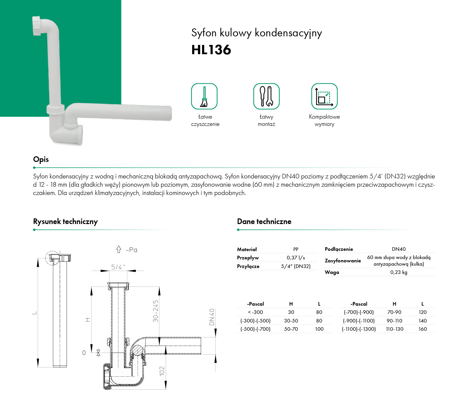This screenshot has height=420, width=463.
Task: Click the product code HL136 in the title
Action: [211, 50]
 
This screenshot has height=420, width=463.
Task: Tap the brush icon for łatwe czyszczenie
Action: [204, 96]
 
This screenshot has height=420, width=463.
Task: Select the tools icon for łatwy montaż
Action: [266, 96]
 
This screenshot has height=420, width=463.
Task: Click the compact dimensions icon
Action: [324, 96]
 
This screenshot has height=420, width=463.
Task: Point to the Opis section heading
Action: [41, 159]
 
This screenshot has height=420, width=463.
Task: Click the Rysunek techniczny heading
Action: [65, 221]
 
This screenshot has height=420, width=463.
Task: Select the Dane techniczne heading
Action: [264, 221]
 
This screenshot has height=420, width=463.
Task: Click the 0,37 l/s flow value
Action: [296, 258]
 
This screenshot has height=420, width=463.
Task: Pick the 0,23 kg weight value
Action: [399, 272]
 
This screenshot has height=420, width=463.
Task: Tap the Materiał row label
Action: [247, 249]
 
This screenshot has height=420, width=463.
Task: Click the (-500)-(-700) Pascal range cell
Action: [255, 329]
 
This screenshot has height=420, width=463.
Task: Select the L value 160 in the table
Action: [423, 329]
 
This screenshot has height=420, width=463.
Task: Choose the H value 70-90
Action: [394, 312]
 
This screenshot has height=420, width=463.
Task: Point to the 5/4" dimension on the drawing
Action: [118, 267]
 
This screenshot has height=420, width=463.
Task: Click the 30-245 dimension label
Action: [155, 311]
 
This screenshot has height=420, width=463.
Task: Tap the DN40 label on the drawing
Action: [212, 317]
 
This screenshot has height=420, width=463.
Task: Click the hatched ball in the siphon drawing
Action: [137, 350]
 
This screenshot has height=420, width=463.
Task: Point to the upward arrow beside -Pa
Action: [119, 249]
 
